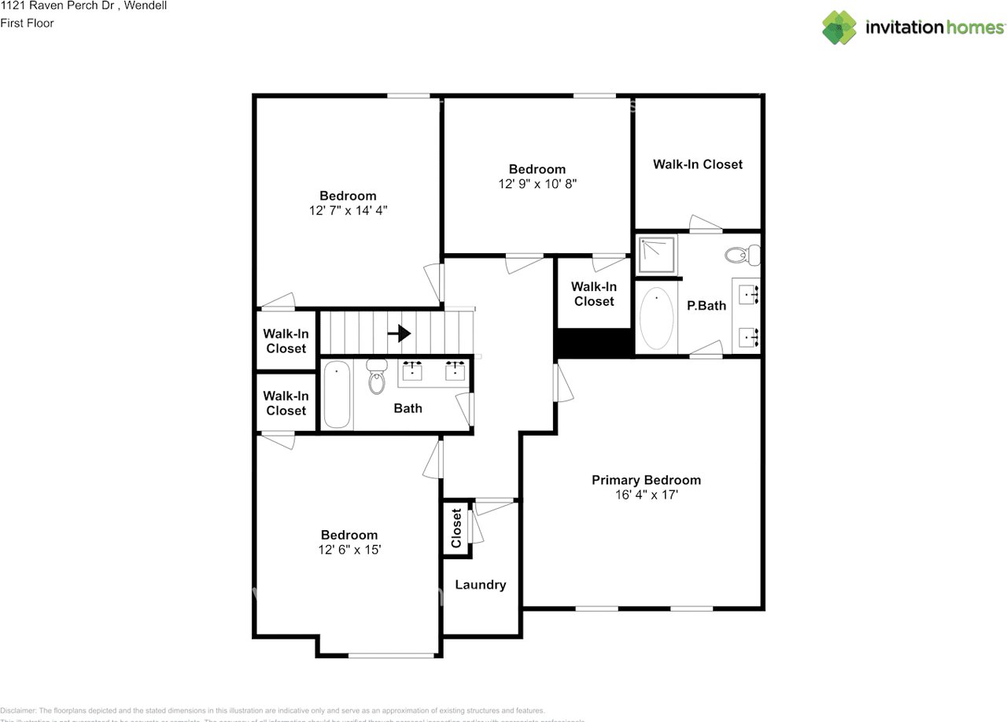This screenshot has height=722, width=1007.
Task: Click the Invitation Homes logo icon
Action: coord(839,28)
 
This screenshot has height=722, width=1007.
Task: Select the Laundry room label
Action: coord(480,584)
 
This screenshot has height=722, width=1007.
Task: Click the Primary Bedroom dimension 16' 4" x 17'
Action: coord(646,495)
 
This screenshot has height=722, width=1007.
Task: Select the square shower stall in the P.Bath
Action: coord(656,255)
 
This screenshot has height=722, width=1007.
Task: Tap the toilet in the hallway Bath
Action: coord(378,377)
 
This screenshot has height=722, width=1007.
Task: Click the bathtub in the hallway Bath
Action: coord(336,395)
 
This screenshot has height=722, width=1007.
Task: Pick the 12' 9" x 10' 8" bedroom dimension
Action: coord(537,184)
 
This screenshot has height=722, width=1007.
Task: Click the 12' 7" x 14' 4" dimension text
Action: coord(348,211)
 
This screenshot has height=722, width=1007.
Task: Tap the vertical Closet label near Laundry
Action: coord(456,529)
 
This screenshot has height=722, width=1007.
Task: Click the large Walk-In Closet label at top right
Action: coord(697,164)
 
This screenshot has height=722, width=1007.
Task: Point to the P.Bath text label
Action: coord(706,305)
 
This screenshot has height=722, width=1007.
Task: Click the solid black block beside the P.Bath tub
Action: coord(594,343)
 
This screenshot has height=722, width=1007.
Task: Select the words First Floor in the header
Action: coord(27,23)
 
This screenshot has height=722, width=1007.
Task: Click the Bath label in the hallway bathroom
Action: coord(408,408)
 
